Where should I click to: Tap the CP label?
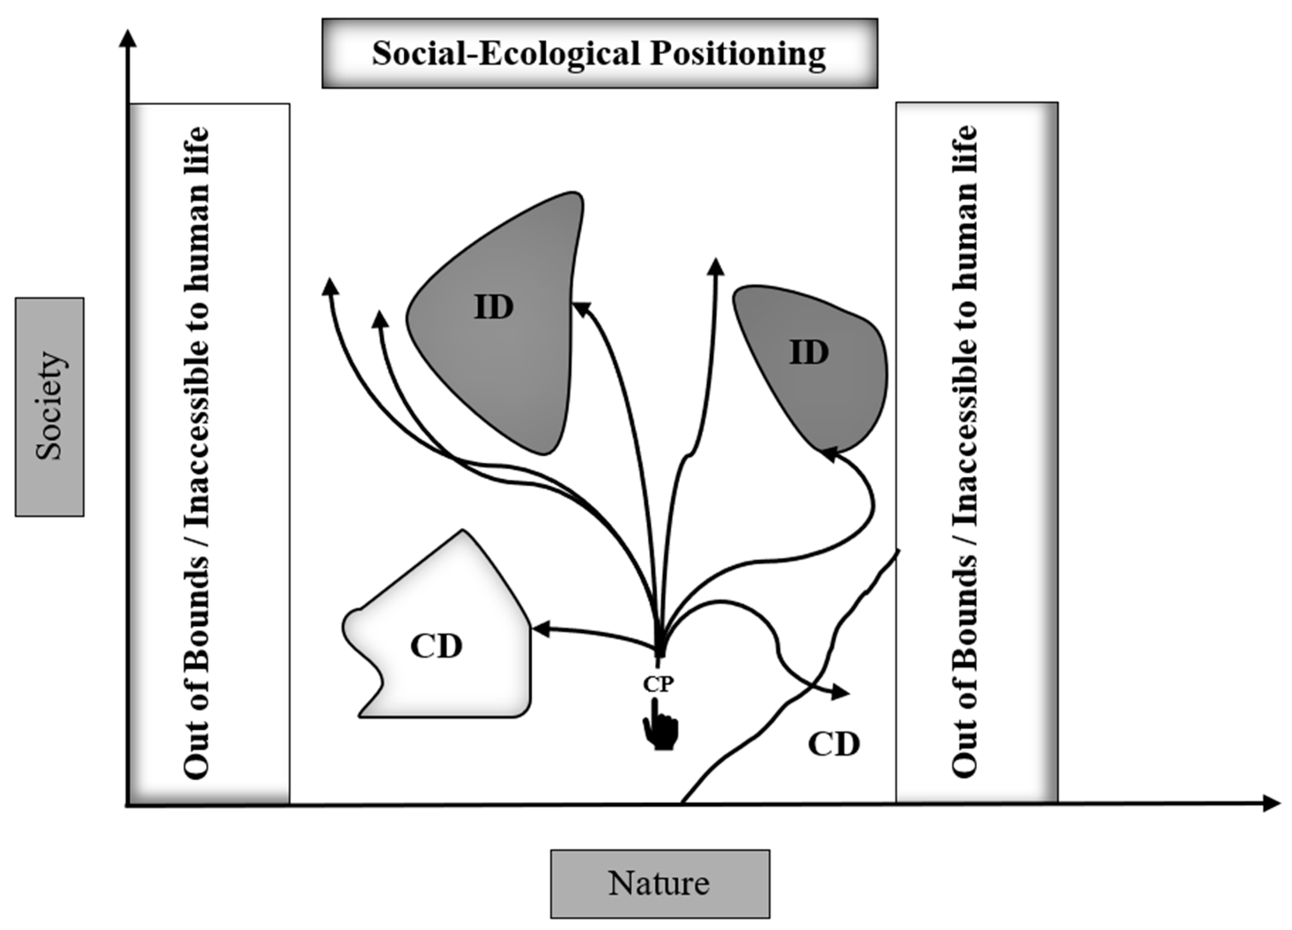(x=658, y=684)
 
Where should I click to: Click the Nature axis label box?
(x=660, y=883)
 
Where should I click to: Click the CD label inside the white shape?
(x=437, y=646)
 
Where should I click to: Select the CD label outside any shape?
(x=833, y=744)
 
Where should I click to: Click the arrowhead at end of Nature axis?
(x=1272, y=803)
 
